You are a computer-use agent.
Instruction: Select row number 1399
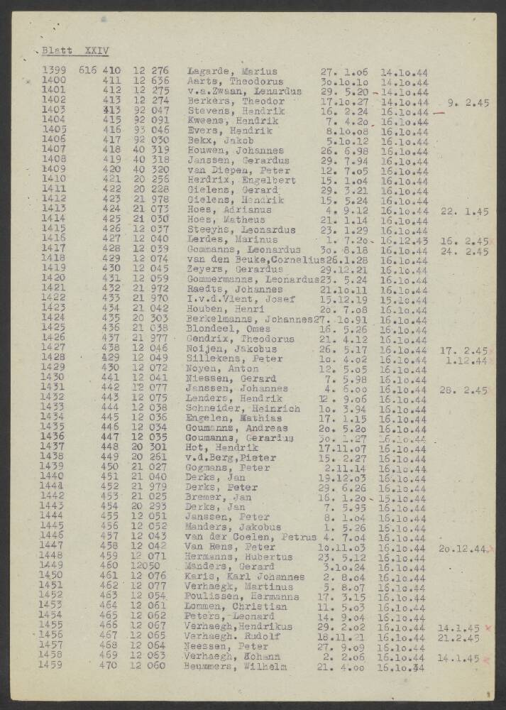click(x=55, y=71)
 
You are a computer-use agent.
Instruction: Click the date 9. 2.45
click(x=468, y=102)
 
